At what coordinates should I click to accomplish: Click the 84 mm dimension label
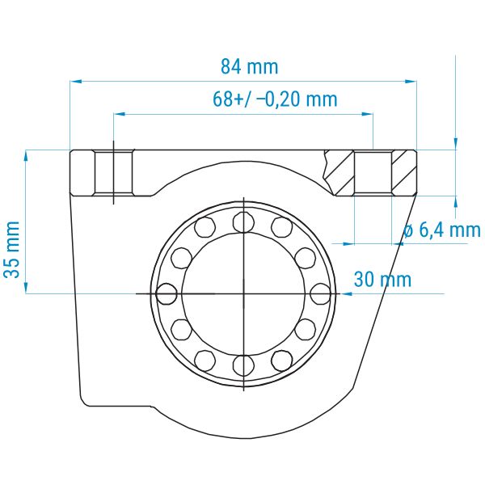coord(250,67)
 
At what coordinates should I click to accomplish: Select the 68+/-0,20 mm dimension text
coord(275,99)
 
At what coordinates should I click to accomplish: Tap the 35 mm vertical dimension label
coord(12,249)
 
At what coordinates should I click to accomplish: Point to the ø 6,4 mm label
coord(442,230)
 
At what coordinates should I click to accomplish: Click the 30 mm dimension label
coord(382,280)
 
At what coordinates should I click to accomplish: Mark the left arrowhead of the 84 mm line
coord(76,82)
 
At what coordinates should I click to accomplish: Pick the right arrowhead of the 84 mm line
coord(411,82)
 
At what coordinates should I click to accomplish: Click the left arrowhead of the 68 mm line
coord(120,114)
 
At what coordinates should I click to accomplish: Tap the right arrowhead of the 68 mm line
coord(367,114)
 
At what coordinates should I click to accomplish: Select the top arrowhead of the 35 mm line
coord(26,156)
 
